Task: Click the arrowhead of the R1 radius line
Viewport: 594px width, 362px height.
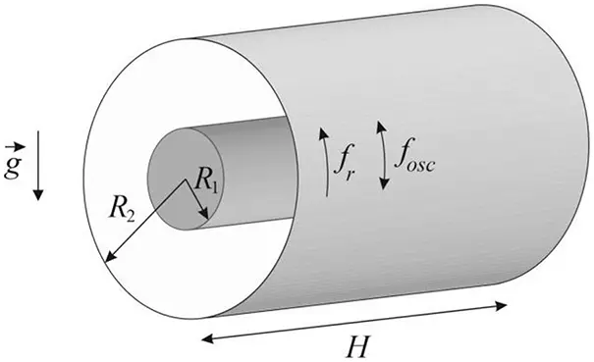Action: point(204,216)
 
